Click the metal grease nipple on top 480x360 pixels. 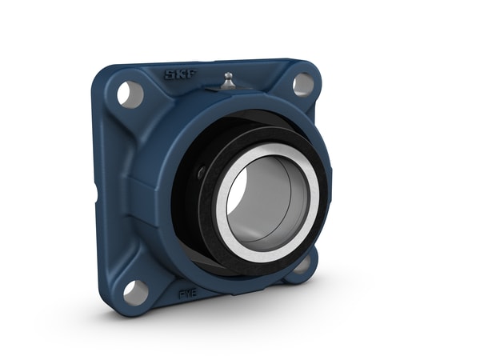coord(228,80)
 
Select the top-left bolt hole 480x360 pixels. coord(130,94)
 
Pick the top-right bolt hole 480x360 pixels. coord(303,84)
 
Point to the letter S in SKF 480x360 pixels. coord(169,78)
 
